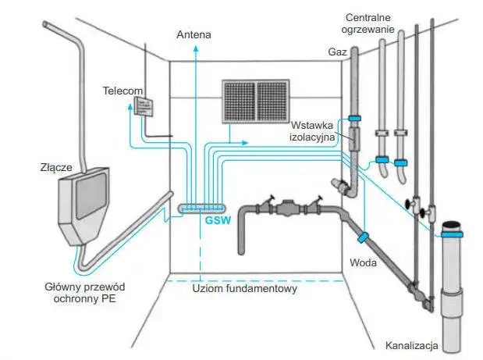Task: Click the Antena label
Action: [x=194, y=34]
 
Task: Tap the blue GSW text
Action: [x=218, y=220]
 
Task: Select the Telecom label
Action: [x=123, y=91]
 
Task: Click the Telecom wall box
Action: [x=144, y=106]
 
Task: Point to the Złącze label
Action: [x=56, y=167]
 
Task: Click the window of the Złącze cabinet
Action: [x=91, y=195]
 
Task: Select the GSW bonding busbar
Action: [x=202, y=209]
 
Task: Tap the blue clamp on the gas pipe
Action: [x=354, y=118]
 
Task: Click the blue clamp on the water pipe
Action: [x=363, y=237]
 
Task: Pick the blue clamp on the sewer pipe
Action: [x=452, y=234]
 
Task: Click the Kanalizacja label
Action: [x=411, y=345]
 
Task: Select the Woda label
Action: [x=363, y=262]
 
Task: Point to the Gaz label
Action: [x=337, y=52]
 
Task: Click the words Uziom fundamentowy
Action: [x=244, y=288]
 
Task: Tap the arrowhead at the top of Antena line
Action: [x=195, y=48]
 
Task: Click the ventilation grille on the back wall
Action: [x=256, y=102]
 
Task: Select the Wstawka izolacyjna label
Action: [x=312, y=130]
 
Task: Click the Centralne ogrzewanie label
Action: [x=368, y=23]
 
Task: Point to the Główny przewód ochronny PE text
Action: [x=85, y=293]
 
